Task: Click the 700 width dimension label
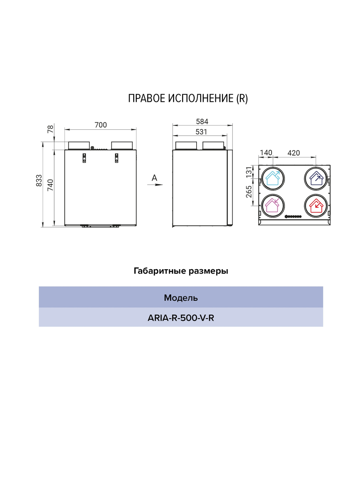tap(101, 125)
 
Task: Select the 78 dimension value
tap(50, 129)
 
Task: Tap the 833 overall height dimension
tap(39, 180)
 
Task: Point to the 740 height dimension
tap(50, 185)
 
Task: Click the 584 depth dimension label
tap(202, 121)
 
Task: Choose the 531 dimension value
tap(201, 132)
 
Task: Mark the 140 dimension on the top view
tap(266, 153)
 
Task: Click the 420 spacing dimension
tap(294, 153)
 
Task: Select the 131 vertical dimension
tap(249, 172)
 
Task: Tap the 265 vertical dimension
tap(249, 192)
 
